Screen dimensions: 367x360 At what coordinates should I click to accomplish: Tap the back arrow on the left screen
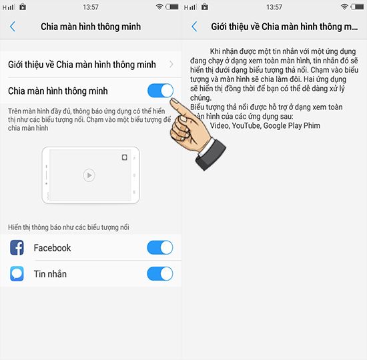(13, 27)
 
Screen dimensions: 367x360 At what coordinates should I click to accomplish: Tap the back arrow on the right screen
(194, 27)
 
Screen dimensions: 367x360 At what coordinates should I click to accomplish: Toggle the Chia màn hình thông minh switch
(160, 91)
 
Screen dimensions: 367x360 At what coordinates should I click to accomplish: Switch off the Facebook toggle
(160, 247)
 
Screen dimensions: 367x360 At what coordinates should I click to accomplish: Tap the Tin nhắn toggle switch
(160, 274)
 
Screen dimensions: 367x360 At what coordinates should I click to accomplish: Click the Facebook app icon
(17, 247)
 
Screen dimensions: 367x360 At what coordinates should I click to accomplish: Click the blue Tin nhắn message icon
(17, 273)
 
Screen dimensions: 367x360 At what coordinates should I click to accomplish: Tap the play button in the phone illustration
(89, 175)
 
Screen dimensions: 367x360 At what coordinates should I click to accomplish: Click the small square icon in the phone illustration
(125, 157)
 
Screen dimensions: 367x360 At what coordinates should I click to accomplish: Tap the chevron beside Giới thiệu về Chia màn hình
(171, 64)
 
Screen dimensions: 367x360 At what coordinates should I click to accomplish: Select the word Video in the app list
(220, 125)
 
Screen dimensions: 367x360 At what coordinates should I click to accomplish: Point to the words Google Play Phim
(292, 126)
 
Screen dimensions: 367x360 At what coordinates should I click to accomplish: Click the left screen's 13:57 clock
(91, 7)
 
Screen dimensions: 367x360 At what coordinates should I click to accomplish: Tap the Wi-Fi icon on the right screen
(344, 7)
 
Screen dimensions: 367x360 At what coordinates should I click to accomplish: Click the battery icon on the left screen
(171, 7)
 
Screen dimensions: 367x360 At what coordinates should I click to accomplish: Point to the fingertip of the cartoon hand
(173, 100)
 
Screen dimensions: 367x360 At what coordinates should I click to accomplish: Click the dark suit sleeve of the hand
(211, 154)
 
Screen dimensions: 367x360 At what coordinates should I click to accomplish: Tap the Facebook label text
(52, 248)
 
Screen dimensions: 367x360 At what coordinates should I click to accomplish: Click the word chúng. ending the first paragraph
(201, 98)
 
